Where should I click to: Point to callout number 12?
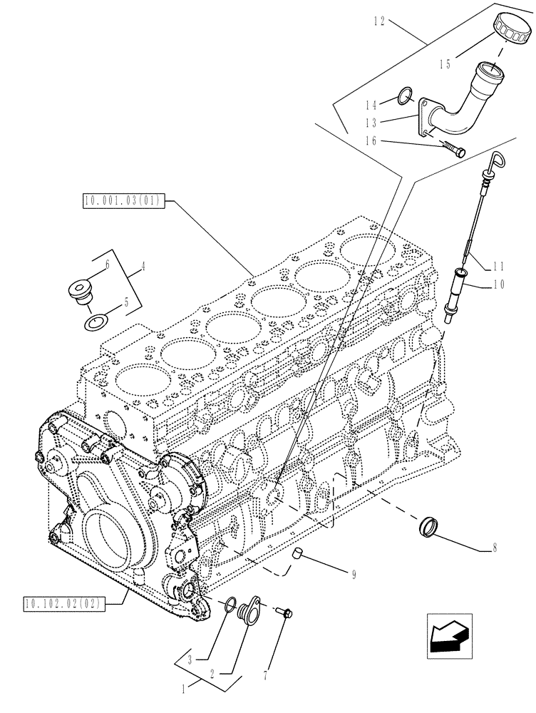378,22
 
